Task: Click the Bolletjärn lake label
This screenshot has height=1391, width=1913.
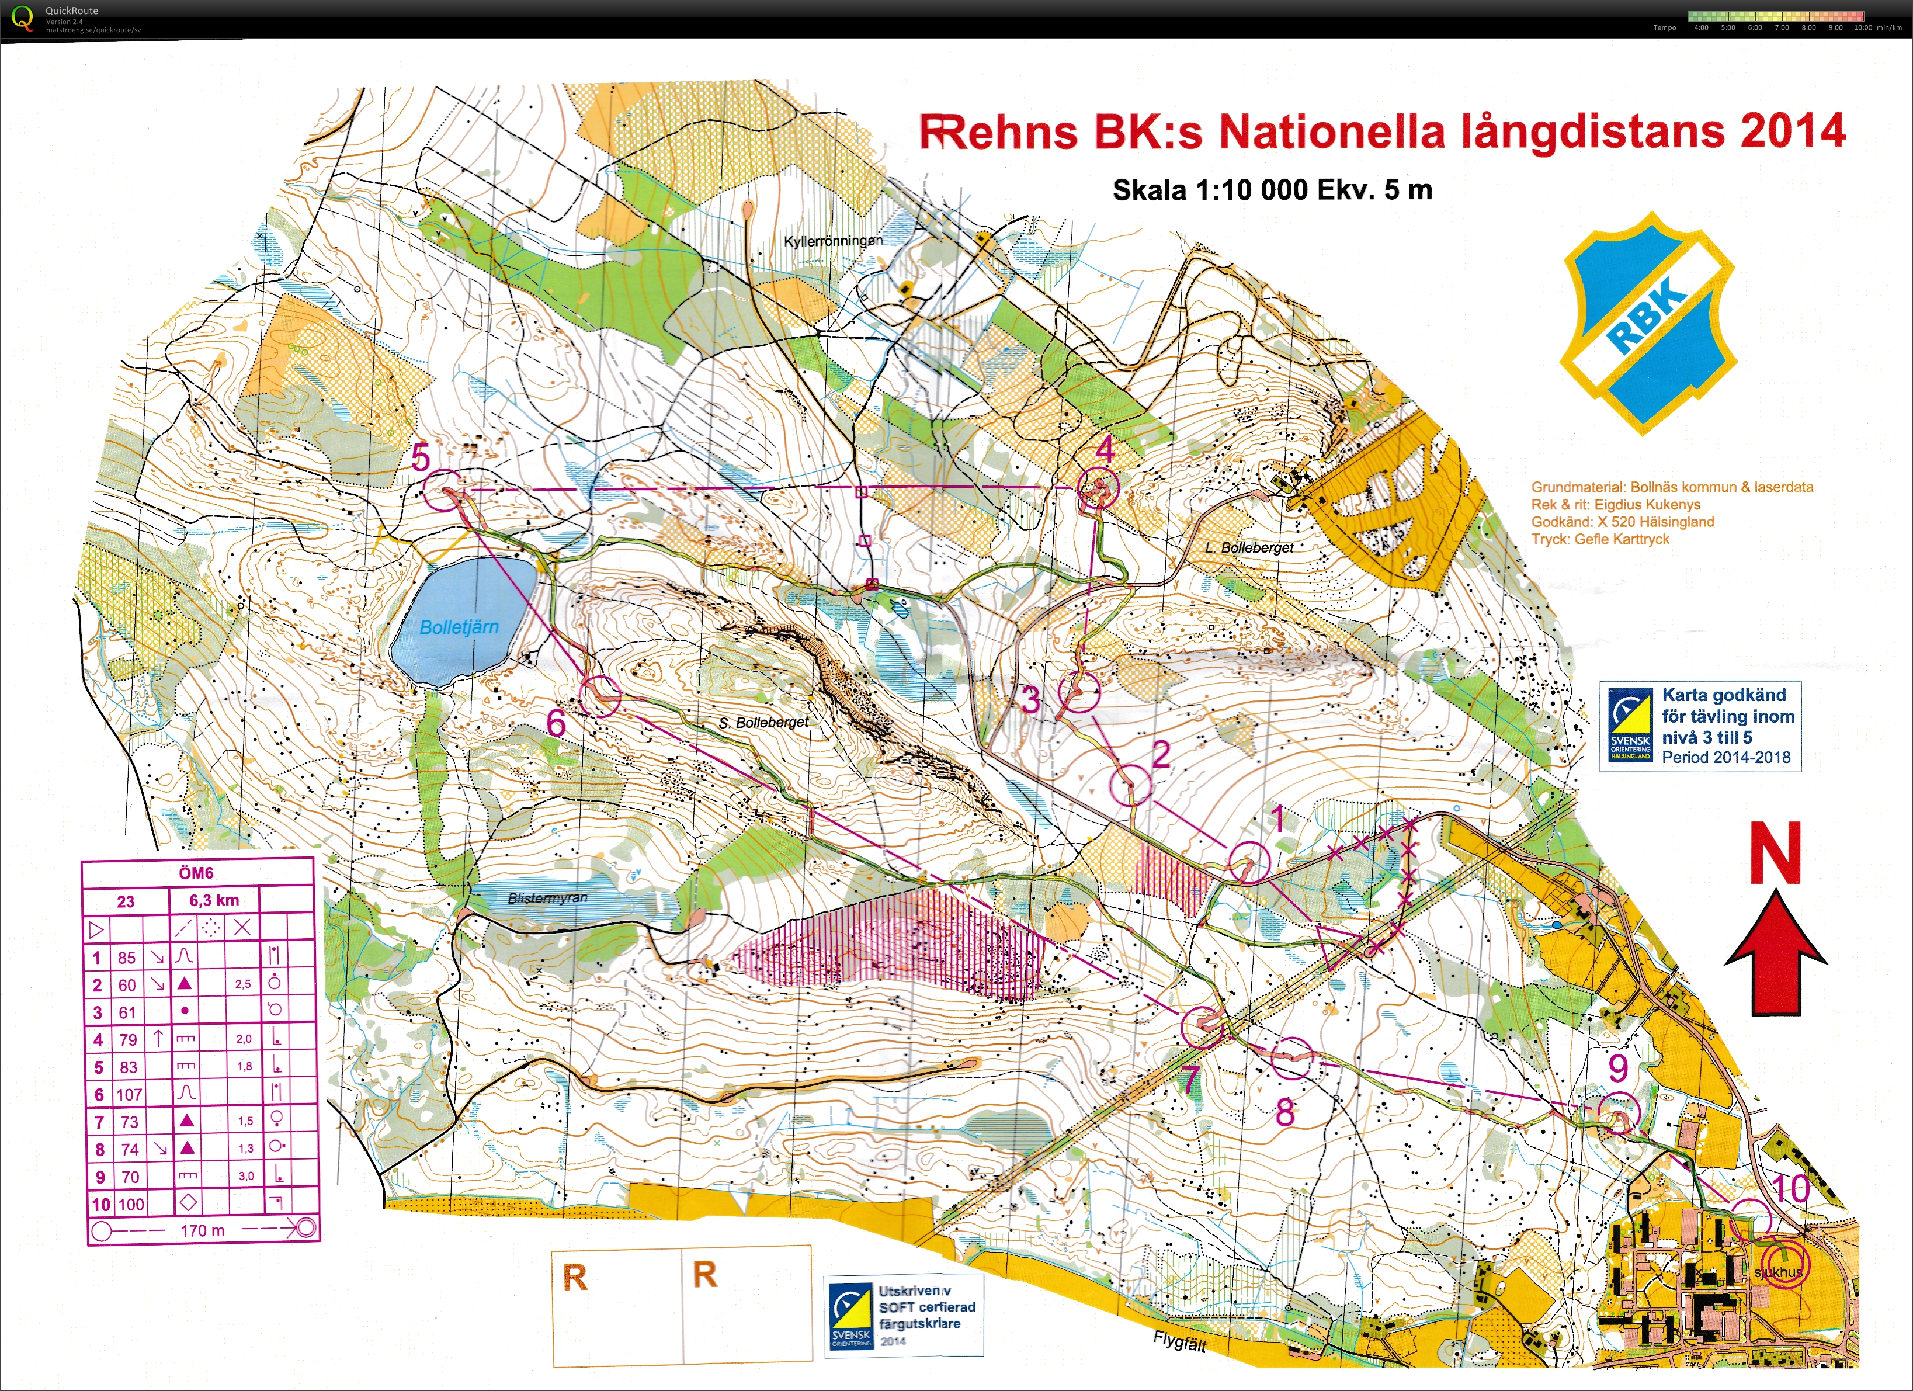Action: (459, 627)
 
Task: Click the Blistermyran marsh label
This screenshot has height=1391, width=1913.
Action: (547, 899)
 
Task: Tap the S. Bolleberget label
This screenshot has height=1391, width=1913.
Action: (763, 723)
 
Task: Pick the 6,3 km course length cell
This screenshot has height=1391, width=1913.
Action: (214, 900)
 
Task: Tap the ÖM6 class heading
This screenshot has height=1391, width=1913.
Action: (196, 873)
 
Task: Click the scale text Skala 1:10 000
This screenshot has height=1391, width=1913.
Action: (1208, 190)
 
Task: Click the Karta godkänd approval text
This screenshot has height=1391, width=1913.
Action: (1723, 696)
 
